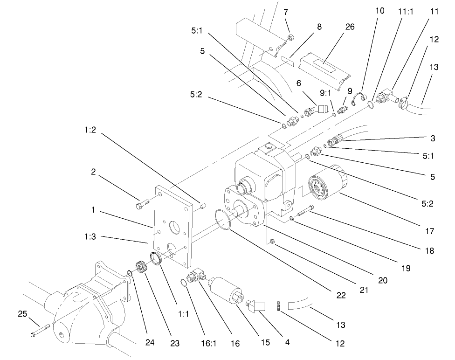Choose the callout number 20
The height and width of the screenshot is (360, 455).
pyautogui.click(x=382, y=280)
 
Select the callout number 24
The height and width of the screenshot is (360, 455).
pyautogui.click(x=149, y=343)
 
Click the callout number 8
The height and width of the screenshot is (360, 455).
pyautogui.click(x=319, y=27)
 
